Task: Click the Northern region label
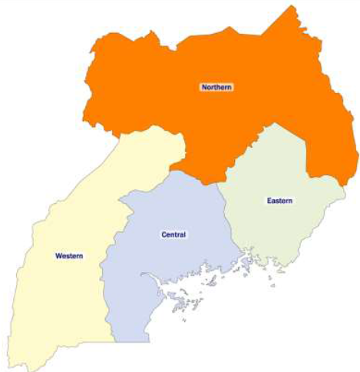coord(216,88)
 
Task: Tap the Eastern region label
coord(279,201)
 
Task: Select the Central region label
coord(173,234)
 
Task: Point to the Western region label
coord(69,255)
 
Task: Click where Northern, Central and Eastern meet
coord(219,183)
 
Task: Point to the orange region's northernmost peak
coord(292,7)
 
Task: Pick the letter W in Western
coord(58,255)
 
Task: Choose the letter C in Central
coord(163,234)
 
